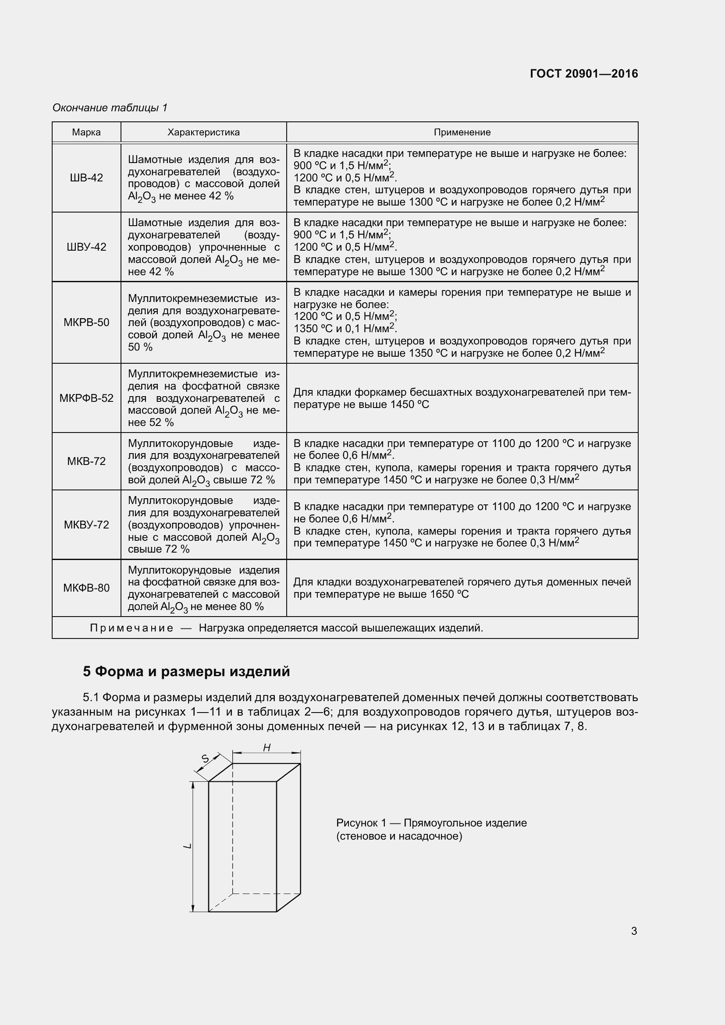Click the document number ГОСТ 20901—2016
[583, 74]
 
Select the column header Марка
[86, 132]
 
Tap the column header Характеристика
[203, 132]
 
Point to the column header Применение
[462, 132]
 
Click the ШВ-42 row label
[86, 177]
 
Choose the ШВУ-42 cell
[86, 247]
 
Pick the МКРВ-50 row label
[86, 323]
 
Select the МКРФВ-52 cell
[86, 398]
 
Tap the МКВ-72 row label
[86, 461]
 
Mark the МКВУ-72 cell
[86, 525]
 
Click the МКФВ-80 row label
[86, 588]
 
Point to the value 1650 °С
[450, 594]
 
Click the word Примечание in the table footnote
[131, 628]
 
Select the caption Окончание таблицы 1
[110, 108]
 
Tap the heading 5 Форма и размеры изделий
[186, 671]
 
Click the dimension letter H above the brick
[267, 747]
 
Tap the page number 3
[634, 931]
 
